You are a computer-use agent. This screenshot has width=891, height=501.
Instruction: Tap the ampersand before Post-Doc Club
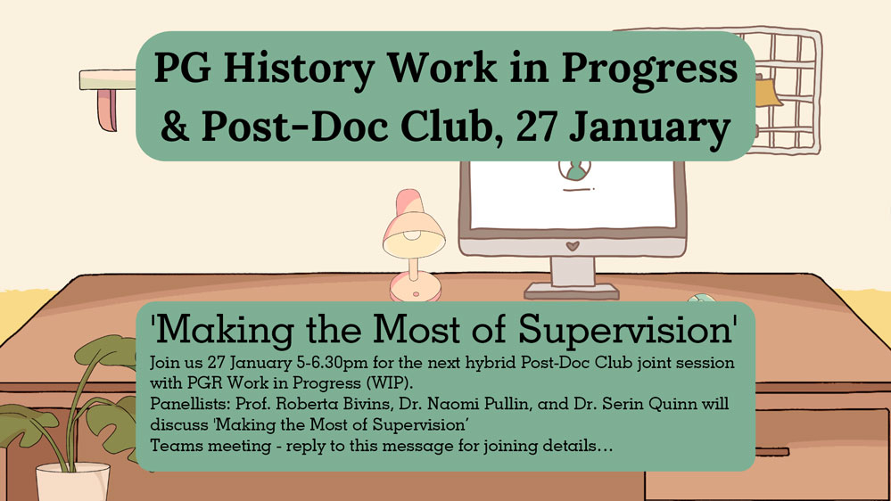click(175, 126)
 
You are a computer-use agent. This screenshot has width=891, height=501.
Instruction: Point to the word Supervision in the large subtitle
click(625, 330)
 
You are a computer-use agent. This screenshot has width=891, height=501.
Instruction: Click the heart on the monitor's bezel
click(573, 246)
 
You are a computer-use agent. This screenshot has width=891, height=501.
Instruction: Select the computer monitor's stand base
click(572, 291)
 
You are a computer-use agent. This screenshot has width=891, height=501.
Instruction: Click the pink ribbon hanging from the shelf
click(107, 110)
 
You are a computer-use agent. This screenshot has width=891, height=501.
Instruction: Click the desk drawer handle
click(771, 452)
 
